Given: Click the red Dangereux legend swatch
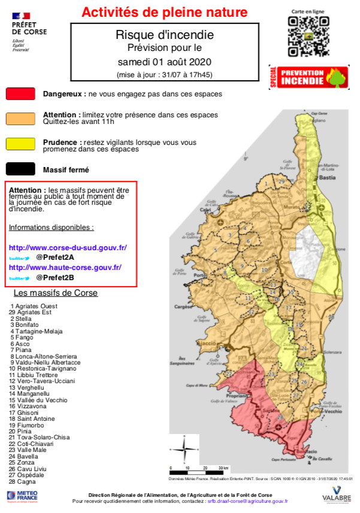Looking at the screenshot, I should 20,94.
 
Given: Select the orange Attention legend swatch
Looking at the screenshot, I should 20,118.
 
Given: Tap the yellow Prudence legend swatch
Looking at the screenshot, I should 20,144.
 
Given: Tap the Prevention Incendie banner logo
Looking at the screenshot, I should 309,77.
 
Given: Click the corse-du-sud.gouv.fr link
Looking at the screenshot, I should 68,247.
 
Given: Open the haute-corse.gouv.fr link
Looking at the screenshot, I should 65,268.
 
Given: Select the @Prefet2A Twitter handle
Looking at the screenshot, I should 55,257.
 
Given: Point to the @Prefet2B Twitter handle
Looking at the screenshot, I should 55,278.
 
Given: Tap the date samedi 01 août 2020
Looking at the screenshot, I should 164,62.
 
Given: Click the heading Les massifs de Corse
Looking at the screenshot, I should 55,293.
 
